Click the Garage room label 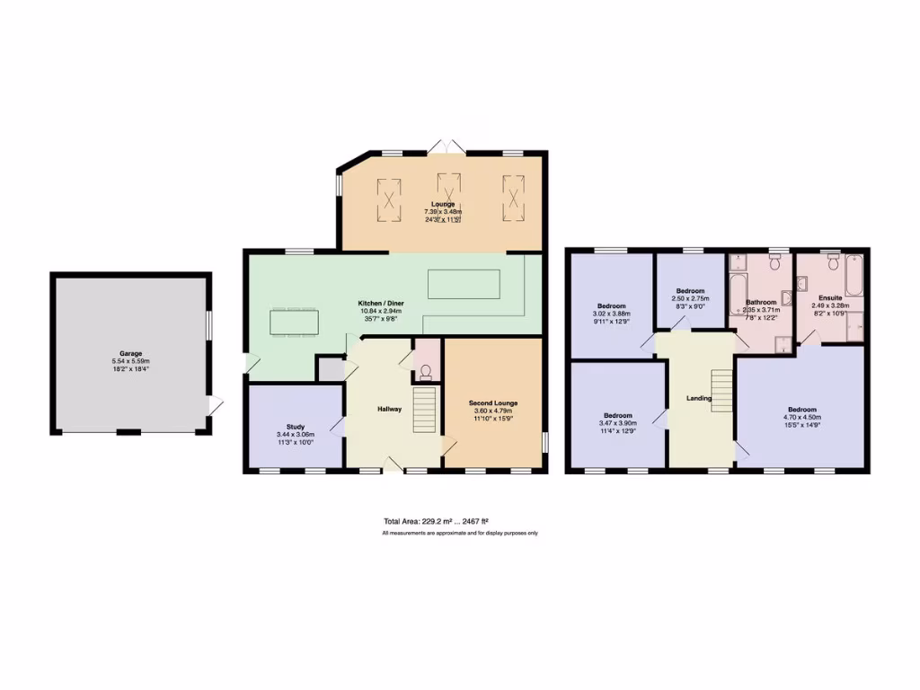coord(131,353)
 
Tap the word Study coord(296,427)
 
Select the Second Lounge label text coord(493,403)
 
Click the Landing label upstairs coord(699,398)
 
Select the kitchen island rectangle coord(464,284)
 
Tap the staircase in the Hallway coord(424,410)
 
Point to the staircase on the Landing coord(721,391)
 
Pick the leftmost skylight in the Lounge coord(389,198)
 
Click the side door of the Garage coord(214,406)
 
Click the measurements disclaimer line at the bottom coord(460,534)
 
